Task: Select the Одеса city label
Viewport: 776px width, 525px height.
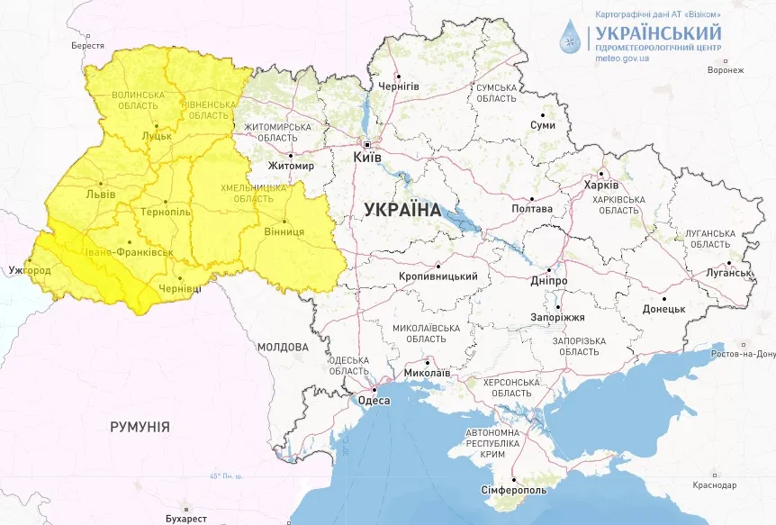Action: tap(374, 401)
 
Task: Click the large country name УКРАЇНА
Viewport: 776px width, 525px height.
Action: tap(402, 210)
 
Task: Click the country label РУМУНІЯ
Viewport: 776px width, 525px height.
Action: tap(140, 427)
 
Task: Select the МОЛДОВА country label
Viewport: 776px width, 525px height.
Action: tap(283, 347)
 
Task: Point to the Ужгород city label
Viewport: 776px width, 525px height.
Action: tap(23, 270)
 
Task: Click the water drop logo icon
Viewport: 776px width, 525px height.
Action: tap(570, 37)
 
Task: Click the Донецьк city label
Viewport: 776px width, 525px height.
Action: tap(663, 309)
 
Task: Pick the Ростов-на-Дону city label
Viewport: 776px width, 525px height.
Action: tap(744, 354)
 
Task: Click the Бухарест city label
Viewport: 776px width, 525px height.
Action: tap(186, 519)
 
